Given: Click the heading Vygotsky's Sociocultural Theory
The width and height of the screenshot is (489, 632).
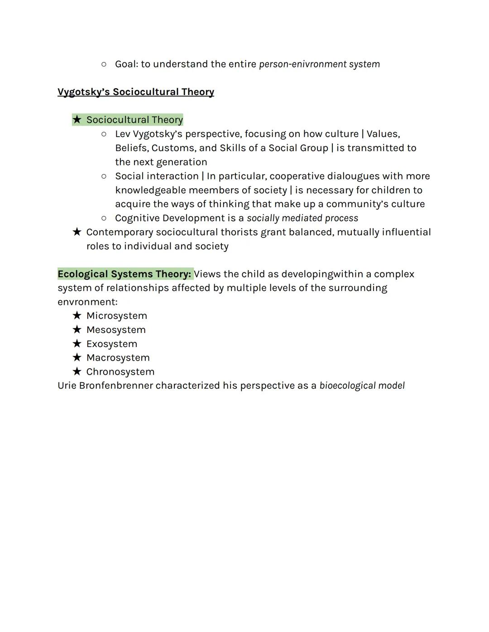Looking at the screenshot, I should point(136,92).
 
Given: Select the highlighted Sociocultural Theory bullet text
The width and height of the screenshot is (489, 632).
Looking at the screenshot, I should point(134,120).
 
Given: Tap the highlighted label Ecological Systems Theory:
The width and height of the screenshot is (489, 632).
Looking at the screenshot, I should point(125,274).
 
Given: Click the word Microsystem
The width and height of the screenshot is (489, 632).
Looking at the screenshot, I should point(116,316).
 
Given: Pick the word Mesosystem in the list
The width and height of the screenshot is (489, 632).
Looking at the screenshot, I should point(116,330).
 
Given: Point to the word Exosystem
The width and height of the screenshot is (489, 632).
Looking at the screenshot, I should point(111,344).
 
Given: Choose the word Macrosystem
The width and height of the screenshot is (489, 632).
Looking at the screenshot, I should point(118,358).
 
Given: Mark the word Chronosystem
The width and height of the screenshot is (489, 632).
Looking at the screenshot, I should point(120,372).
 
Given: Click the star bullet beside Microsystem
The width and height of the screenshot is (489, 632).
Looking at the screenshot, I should point(77,315).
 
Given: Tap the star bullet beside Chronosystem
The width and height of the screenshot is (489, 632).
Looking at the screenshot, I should point(77,371).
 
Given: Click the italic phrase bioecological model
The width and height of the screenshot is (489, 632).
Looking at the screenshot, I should point(362,386).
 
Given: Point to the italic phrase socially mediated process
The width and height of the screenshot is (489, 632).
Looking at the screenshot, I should point(302,219).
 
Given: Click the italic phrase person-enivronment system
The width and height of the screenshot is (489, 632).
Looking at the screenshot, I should point(319,64).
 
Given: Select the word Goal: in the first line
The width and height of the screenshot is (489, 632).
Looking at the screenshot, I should point(126,64).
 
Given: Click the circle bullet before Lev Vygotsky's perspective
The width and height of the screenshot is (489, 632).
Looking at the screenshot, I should point(104,134).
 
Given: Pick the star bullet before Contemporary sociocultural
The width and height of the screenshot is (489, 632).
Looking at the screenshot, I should point(77,232).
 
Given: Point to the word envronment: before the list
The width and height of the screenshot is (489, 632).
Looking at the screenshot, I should point(87,302).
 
